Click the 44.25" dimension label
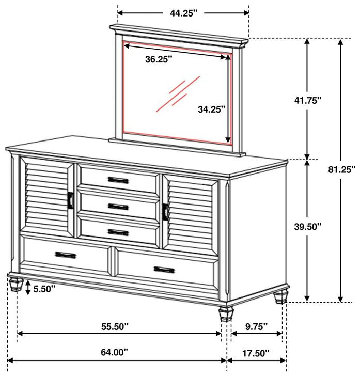click(184, 14)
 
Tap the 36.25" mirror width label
click(159, 59)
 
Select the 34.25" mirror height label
click(212, 109)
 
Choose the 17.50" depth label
click(256, 353)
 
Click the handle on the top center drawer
click(118, 180)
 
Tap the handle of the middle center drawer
click(118, 206)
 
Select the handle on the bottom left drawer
click(66, 255)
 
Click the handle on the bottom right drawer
click(164, 269)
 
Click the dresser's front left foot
click(16, 284)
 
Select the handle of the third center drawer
click(118, 232)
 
